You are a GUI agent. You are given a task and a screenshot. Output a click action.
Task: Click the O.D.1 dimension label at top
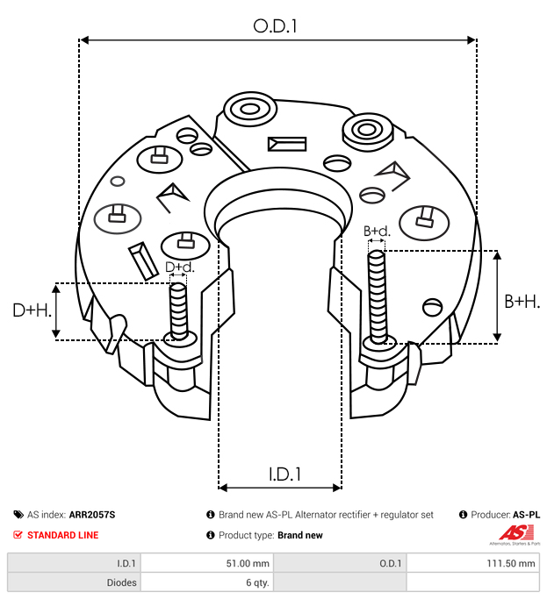click(275, 26)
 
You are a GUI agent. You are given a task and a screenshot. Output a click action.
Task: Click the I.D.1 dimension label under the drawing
click(284, 474)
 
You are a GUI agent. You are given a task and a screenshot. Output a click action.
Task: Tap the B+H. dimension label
click(522, 301)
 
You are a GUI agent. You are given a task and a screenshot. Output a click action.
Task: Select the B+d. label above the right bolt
click(377, 232)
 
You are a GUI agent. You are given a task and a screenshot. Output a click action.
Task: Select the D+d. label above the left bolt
click(179, 267)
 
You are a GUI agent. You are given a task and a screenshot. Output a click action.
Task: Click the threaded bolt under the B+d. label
click(378, 296)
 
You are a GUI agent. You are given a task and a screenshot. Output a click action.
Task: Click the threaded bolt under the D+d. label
click(178, 310)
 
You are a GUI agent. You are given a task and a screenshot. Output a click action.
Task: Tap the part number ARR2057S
click(92, 515)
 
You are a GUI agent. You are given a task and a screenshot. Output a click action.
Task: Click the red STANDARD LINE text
click(62, 535)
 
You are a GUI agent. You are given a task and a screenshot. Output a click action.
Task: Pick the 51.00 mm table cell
click(205, 564)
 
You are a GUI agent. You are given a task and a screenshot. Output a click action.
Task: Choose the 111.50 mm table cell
click(471, 564)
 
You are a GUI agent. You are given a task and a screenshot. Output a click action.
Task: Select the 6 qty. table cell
click(205, 581)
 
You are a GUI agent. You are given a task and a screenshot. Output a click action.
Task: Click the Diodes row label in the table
click(74, 581)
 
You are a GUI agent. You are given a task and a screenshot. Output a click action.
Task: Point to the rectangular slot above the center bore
click(288, 144)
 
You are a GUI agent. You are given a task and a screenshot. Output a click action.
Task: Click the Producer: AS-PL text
click(505, 515)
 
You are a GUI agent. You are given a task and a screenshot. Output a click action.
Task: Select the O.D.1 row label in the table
click(341, 564)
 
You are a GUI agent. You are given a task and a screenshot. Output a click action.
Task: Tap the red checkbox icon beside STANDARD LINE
click(18, 535)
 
